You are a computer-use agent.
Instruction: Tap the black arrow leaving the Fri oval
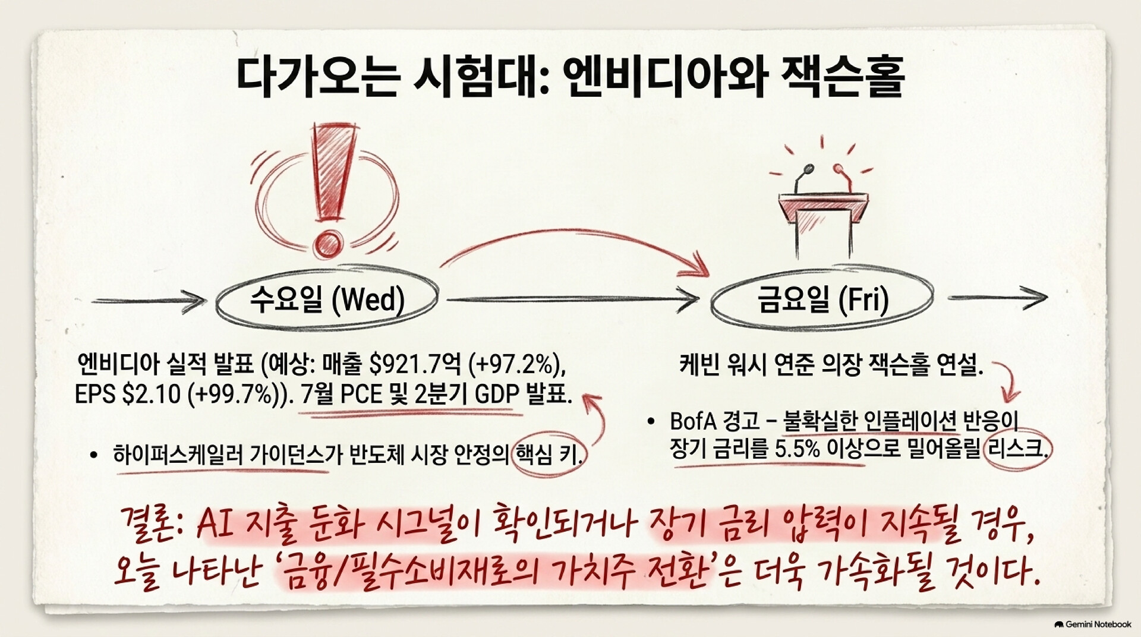point(997,297)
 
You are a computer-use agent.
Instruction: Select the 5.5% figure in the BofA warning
point(798,449)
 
